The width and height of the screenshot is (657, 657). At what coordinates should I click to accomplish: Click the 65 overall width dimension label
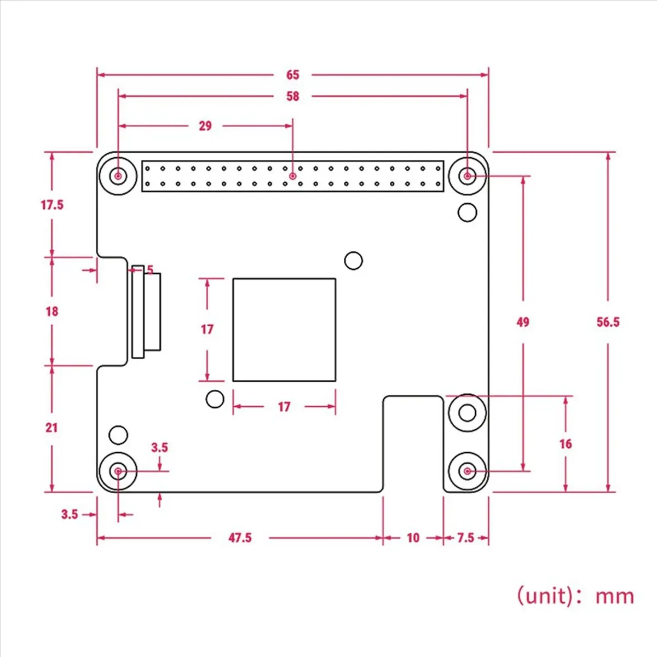click(x=292, y=74)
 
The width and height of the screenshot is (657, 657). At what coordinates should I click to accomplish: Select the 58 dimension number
click(x=292, y=96)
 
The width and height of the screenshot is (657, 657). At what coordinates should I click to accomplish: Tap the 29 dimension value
click(x=205, y=126)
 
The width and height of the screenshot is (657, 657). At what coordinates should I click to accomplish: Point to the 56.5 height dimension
click(x=608, y=322)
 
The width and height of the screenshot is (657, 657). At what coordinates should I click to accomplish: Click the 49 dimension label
click(x=523, y=322)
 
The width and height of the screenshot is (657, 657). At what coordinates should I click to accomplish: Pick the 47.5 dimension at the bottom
click(x=240, y=538)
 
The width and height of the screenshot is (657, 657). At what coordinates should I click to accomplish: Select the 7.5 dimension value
click(x=465, y=538)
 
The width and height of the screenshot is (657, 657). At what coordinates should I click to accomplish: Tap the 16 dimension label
click(x=566, y=443)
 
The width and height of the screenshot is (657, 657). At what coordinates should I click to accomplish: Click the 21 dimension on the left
click(x=51, y=427)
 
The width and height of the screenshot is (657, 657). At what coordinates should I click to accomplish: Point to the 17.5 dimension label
click(x=52, y=205)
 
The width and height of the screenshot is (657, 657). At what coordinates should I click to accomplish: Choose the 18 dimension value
click(x=51, y=311)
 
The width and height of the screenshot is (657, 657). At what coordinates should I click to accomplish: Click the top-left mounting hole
click(x=118, y=176)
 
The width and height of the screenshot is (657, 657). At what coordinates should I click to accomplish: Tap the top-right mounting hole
click(x=467, y=176)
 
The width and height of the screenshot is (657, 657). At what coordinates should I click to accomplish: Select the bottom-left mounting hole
click(x=118, y=471)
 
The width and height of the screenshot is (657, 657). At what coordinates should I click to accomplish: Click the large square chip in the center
click(x=284, y=330)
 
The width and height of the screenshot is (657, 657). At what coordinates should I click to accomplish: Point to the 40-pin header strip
click(x=293, y=176)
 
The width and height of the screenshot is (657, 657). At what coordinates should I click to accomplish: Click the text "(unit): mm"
click(x=575, y=595)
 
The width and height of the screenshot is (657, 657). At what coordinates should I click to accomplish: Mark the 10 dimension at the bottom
click(x=413, y=538)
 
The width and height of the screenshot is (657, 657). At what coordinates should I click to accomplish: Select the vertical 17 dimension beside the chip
click(x=207, y=329)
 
